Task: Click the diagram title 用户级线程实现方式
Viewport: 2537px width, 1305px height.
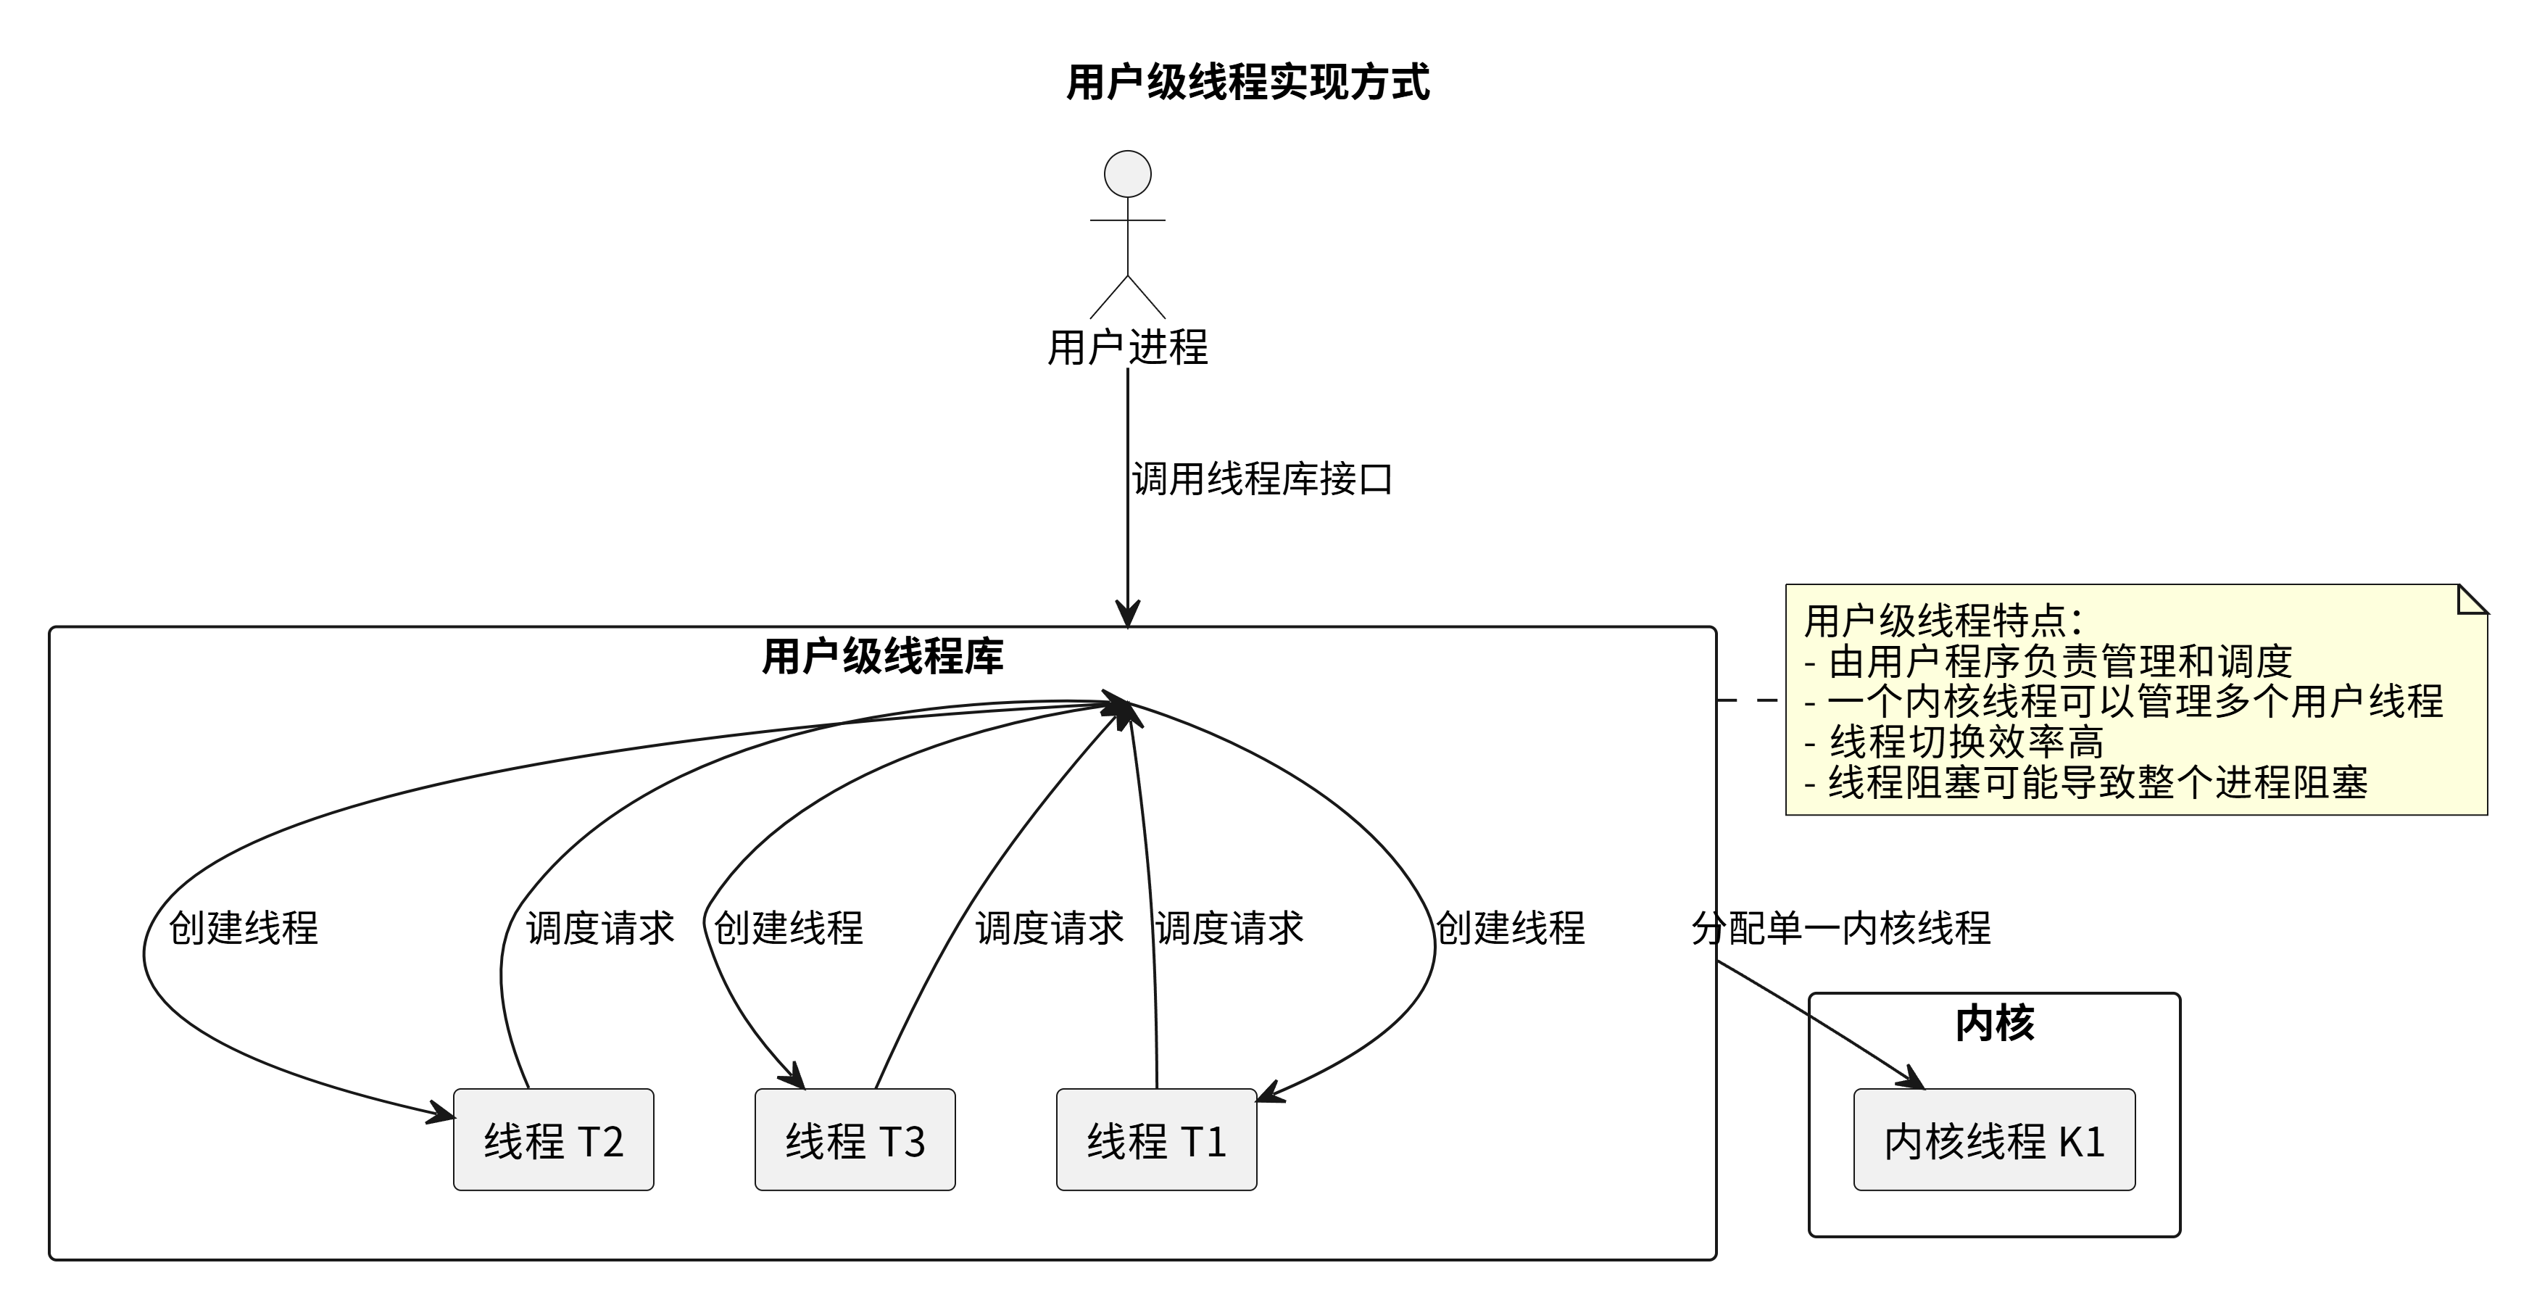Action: click(1247, 83)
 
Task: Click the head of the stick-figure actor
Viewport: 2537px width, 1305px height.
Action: click(1128, 174)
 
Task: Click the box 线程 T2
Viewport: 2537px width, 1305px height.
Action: click(554, 1140)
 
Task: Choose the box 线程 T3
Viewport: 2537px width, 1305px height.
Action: click(855, 1140)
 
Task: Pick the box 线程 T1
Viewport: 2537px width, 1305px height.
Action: click(1156, 1140)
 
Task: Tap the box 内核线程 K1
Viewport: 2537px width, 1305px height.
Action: click(1994, 1140)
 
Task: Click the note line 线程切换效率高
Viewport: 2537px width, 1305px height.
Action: click(1966, 742)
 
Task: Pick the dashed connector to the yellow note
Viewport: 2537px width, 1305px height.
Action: click(1750, 700)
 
